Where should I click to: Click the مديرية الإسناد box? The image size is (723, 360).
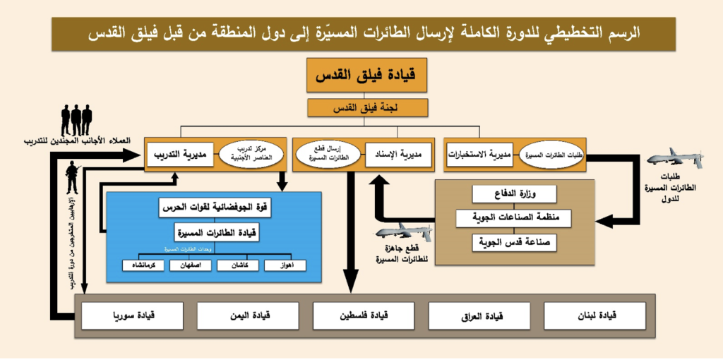(x=398, y=154)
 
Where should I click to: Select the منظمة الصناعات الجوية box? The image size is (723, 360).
(x=514, y=218)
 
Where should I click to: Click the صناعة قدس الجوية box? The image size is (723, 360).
(x=514, y=242)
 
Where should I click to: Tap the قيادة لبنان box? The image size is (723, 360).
(x=594, y=315)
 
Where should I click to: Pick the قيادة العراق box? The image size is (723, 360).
(x=479, y=315)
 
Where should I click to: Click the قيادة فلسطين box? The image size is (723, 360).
(x=363, y=315)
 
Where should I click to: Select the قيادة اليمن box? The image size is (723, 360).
(x=247, y=315)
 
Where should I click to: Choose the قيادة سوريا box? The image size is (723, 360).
(x=132, y=315)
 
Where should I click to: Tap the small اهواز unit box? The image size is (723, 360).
(x=286, y=266)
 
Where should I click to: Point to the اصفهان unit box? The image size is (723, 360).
(x=190, y=266)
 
